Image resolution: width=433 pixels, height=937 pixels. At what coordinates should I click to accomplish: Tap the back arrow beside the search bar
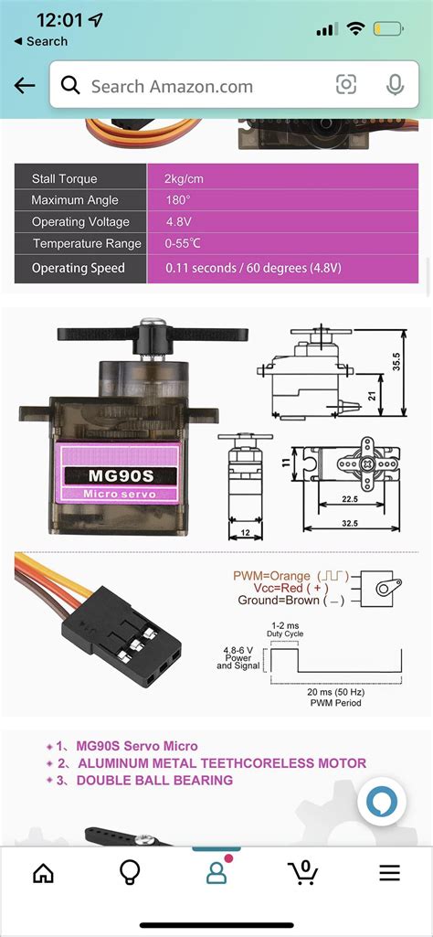(x=25, y=86)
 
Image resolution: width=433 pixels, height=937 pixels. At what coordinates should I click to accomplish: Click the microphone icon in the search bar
(x=396, y=85)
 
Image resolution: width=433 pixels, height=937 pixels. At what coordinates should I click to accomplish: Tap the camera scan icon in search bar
(x=346, y=85)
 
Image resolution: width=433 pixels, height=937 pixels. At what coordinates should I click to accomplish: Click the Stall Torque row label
(x=64, y=178)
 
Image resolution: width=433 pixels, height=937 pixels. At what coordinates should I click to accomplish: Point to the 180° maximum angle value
(x=177, y=200)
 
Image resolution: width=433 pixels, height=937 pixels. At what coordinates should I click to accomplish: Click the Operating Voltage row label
(x=80, y=222)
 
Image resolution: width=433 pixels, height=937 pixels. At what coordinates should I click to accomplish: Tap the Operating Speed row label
(x=78, y=269)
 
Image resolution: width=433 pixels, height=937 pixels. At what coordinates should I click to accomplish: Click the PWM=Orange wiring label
(x=272, y=576)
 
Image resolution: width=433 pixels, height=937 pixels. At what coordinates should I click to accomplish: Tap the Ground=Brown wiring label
(x=278, y=601)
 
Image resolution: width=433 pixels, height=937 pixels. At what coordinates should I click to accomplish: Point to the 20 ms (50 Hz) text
(x=337, y=691)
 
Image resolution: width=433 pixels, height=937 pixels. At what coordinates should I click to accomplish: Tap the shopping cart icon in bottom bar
(x=303, y=872)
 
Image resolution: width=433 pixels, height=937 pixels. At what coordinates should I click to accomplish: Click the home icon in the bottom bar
(x=43, y=872)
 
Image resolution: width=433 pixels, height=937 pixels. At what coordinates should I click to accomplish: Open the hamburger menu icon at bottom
(x=390, y=872)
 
